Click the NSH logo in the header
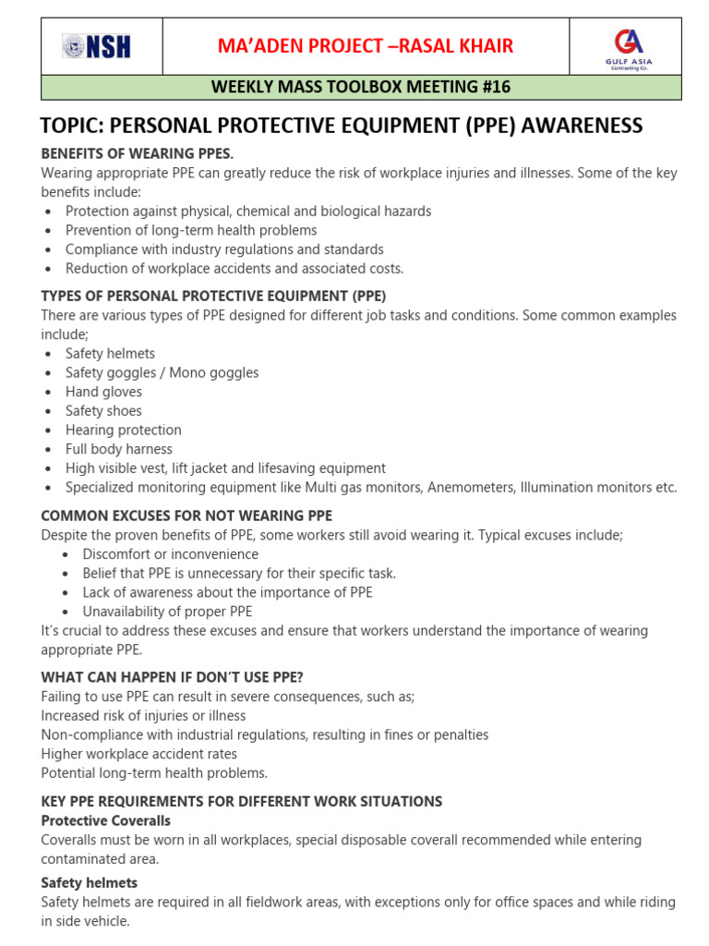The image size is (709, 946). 96,46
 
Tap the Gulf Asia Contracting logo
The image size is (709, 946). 629,46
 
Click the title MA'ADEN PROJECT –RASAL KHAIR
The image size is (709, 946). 365,46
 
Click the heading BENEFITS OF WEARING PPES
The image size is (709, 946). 138,152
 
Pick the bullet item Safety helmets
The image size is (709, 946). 110,354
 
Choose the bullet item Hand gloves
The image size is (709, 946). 103,392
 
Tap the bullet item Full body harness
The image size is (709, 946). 118,449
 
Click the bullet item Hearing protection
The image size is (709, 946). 123,430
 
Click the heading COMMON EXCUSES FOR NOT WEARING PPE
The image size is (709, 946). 186,515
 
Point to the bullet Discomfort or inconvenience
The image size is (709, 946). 170,554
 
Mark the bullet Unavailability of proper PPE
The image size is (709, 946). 167,612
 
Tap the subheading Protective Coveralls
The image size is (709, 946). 106,820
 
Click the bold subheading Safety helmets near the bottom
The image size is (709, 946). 90,882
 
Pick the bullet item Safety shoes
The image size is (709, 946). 103,411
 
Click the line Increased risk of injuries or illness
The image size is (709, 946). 143,716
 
